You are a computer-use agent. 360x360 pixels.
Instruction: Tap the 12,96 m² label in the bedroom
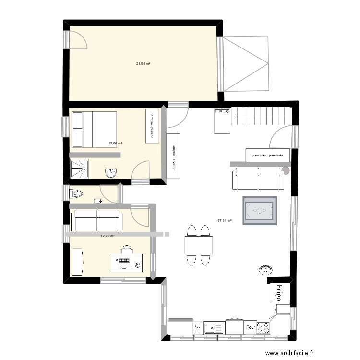point(115,143)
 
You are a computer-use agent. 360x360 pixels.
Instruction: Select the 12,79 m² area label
point(108,236)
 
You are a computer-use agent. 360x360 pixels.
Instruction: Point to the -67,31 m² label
point(224,221)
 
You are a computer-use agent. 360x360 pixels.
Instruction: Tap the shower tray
point(83,169)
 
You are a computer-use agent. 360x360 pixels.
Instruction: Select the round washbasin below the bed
point(112,172)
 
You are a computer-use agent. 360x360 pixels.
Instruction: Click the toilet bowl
point(76,194)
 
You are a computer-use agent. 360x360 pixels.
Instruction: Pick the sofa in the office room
point(96,220)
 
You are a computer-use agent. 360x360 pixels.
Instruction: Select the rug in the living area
point(260,210)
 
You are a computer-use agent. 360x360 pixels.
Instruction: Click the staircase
point(262,116)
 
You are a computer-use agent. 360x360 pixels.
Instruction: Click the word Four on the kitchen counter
point(250,328)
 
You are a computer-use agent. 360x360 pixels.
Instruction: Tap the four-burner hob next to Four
point(264,327)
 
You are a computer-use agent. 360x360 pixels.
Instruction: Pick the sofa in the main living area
point(257,179)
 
